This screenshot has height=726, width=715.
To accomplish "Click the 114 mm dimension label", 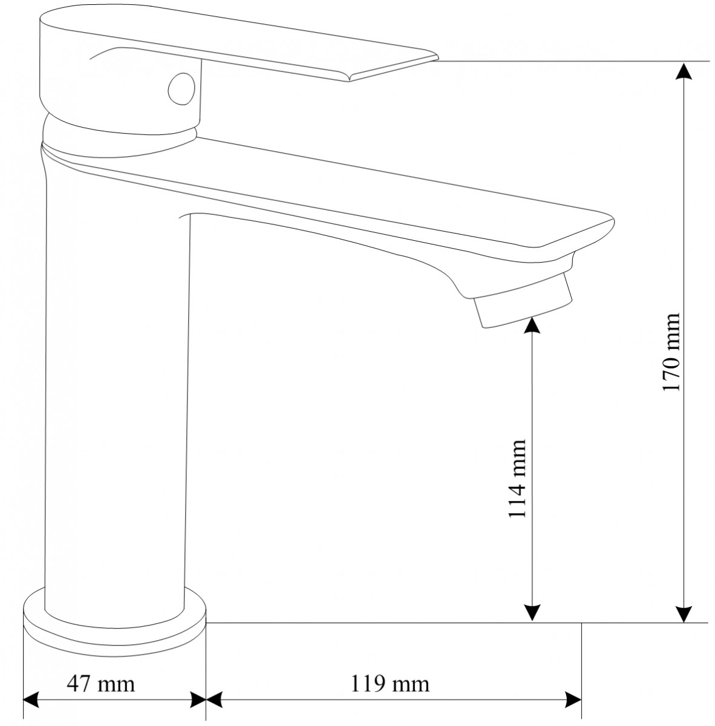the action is coord(517,479).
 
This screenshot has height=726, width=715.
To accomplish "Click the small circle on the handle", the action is coord(181,89).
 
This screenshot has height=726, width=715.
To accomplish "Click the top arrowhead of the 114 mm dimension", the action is coord(532,325).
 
